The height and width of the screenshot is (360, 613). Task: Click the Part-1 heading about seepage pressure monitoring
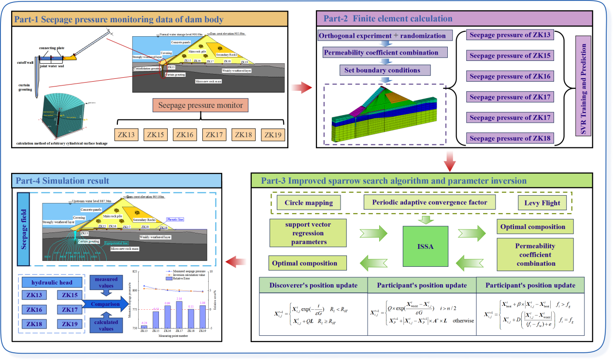119,20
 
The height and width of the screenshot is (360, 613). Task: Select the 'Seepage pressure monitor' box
200,105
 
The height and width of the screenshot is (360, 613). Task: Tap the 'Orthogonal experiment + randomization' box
385,36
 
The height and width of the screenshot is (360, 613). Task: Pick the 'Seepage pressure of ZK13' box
510,35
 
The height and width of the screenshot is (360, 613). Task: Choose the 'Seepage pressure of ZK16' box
510,76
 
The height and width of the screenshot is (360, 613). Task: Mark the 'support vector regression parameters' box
307,232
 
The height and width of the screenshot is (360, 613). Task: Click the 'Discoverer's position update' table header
314,285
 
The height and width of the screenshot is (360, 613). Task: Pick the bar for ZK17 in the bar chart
179,315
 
